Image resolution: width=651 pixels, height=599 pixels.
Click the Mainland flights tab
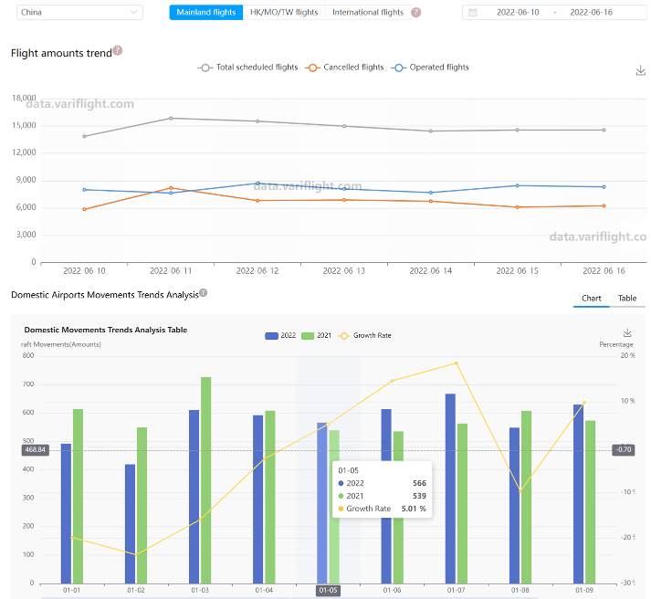206,13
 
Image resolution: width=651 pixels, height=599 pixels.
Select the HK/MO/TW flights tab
284,13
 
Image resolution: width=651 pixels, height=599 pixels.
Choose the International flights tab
367,13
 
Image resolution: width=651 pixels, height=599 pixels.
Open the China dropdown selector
80,13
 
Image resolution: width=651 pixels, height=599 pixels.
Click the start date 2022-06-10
518,13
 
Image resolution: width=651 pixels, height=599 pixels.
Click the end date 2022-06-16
591,13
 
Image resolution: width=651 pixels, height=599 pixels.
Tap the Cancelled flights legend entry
346,68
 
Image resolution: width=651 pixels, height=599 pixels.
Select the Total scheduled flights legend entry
249,68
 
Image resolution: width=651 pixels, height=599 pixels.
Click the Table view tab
627,299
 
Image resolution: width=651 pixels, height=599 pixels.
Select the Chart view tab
592,299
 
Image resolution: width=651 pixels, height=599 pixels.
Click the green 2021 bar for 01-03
206,479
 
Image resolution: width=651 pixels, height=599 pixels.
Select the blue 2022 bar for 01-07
450,489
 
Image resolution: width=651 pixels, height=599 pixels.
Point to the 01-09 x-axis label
583,591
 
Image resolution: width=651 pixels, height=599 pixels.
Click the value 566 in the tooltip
418,483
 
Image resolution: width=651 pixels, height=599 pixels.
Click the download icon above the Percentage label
627,333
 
